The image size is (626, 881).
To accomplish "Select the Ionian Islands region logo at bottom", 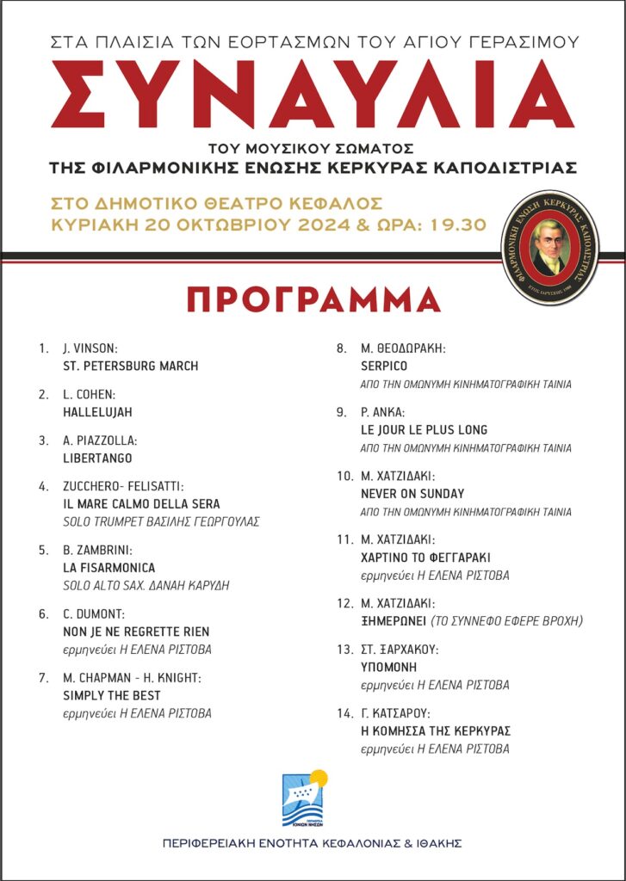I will (x=304, y=798).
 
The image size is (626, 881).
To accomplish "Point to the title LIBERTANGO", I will (x=96, y=458).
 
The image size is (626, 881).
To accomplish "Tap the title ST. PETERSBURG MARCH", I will (x=131, y=366).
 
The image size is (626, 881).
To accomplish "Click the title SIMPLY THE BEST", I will (x=112, y=695).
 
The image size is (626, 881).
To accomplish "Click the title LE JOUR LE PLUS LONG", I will (x=424, y=429).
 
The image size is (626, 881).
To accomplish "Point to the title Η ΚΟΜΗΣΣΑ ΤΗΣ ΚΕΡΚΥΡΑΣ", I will (x=436, y=731).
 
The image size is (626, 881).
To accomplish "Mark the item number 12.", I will (x=344, y=604).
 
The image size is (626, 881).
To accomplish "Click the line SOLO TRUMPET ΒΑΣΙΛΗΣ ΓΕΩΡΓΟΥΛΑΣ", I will (x=161, y=521).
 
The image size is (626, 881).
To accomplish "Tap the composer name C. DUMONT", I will (x=95, y=613).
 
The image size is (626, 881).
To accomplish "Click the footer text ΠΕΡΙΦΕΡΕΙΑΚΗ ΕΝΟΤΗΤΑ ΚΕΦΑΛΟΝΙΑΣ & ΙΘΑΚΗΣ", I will (x=312, y=843).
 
